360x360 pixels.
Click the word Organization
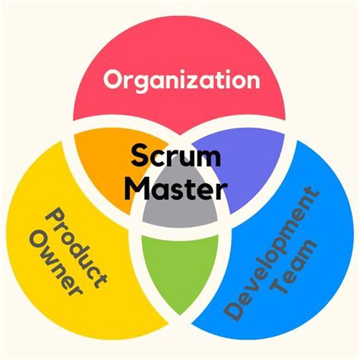[x=181, y=78]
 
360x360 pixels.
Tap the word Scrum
[x=175, y=156]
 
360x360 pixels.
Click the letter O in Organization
[x=114, y=78]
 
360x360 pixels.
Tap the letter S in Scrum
[x=139, y=156]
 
